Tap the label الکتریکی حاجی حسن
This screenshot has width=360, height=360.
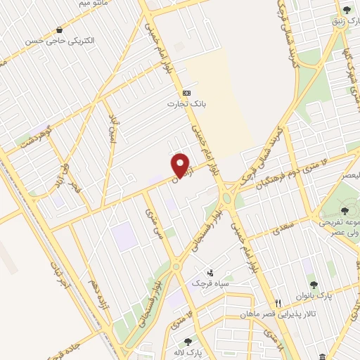click(60, 41)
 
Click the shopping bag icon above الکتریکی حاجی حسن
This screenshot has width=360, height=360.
click(60, 30)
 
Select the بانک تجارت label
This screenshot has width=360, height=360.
click(180, 104)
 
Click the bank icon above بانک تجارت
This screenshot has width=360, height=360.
click(186, 93)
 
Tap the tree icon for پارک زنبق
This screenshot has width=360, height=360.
click(347, 10)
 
